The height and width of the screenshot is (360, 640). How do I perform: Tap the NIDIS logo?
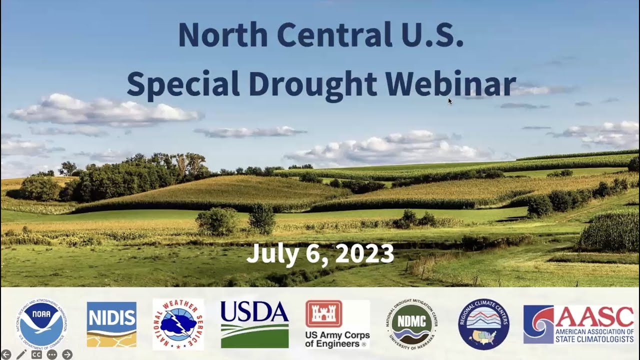(x=111, y=324)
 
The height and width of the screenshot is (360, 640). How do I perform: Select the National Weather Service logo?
(x=178, y=324)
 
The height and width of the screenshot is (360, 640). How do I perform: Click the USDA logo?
(x=254, y=324)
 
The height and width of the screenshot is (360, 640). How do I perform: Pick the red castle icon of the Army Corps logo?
(x=323, y=313)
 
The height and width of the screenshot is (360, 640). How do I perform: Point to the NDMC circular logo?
(x=411, y=324)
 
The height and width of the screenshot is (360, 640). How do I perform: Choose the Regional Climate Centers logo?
(x=483, y=324)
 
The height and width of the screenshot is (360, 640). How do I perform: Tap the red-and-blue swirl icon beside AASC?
(x=538, y=324)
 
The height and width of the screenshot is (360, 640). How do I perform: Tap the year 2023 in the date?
(x=364, y=253)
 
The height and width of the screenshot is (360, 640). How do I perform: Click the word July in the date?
(x=269, y=253)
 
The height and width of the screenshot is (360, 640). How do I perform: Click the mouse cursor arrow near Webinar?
(x=450, y=101)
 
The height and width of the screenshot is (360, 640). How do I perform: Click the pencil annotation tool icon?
(x=21, y=354)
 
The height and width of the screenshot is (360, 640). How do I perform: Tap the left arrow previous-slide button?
(x=6, y=354)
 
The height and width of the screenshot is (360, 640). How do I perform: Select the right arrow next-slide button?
(x=67, y=354)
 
